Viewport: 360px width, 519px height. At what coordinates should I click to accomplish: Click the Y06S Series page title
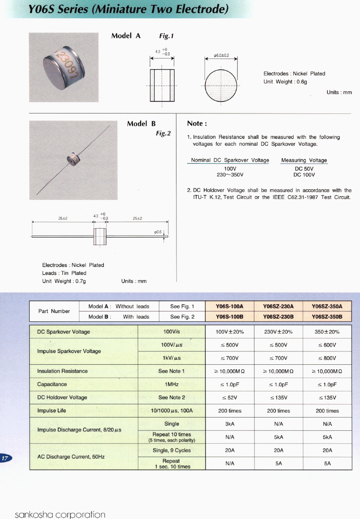pyautogui.click(x=129, y=9)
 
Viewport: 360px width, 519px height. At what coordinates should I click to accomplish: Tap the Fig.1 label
pyautogui.click(x=166, y=36)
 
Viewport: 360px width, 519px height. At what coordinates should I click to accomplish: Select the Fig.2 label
pyautogui.click(x=163, y=133)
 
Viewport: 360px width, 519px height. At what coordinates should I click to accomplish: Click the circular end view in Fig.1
pyautogui.click(x=221, y=86)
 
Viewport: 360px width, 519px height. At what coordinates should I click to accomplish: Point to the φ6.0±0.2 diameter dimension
pyautogui.click(x=221, y=55)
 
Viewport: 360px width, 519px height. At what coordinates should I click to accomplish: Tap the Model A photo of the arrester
pyautogui.click(x=63, y=67)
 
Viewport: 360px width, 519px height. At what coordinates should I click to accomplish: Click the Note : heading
pyautogui.click(x=197, y=124)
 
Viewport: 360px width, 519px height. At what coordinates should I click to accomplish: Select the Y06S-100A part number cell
pyautogui.click(x=230, y=306)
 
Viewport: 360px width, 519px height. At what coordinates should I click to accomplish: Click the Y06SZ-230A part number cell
pyautogui.click(x=278, y=306)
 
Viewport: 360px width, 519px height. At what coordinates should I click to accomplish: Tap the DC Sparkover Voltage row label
pyautogui.click(x=63, y=332)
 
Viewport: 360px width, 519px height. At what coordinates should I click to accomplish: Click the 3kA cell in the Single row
pyautogui.click(x=230, y=424)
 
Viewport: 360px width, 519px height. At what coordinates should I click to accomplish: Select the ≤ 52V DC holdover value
pyautogui.click(x=230, y=398)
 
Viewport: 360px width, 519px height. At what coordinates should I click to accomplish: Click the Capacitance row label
pyautogui.click(x=52, y=384)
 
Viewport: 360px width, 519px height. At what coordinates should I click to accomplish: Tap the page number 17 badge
pyautogui.click(x=6, y=458)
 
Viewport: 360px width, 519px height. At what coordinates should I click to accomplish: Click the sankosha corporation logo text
pyautogui.click(x=60, y=514)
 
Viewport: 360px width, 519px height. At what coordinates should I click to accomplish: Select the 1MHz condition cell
pyautogui.click(x=171, y=384)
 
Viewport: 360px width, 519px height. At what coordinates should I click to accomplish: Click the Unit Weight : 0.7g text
pyautogui.click(x=64, y=281)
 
